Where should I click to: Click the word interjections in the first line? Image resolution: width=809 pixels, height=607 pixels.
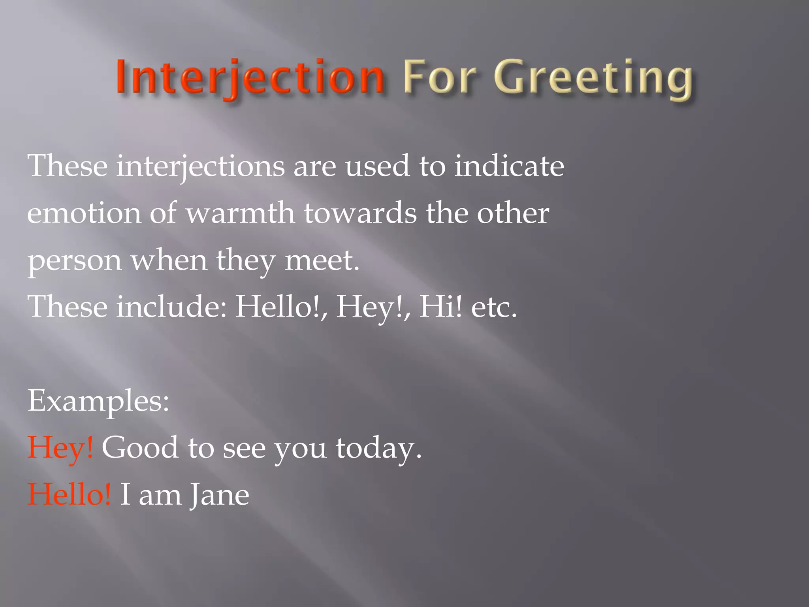(x=200, y=166)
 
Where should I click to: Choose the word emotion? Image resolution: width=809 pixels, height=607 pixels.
(x=84, y=213)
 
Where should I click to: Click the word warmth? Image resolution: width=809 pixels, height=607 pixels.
(x=240, y=213)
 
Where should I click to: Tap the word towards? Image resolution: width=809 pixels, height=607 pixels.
(x=360, y=213)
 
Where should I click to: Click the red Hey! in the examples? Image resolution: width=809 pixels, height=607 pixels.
(x=60, y=448)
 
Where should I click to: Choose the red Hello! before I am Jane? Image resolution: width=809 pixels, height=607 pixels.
(x=69, y=494)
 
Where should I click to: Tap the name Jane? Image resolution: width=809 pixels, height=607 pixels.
(x=219, y=495)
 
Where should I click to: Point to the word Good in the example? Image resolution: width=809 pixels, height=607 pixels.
(x=140, y=448)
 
